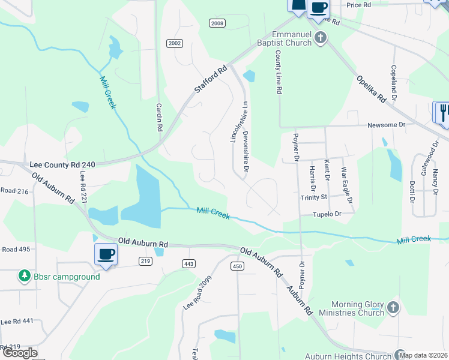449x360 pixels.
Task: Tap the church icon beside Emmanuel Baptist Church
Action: click(321, 39)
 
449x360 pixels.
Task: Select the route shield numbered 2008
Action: click(217, 23)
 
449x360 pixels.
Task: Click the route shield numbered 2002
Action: click(175, 43)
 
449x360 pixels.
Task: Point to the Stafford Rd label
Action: click(212, 79)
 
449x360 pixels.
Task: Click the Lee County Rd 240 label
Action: click(62, 164)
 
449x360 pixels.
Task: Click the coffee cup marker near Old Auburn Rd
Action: click(106, 254)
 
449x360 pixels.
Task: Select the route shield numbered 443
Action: click(188, 263)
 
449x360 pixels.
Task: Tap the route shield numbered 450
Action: click(237, 266)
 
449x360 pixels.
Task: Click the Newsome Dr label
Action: click(388, 126)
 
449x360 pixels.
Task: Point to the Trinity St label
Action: click(313, 197)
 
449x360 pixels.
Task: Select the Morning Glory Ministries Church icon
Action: click(393, 308)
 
